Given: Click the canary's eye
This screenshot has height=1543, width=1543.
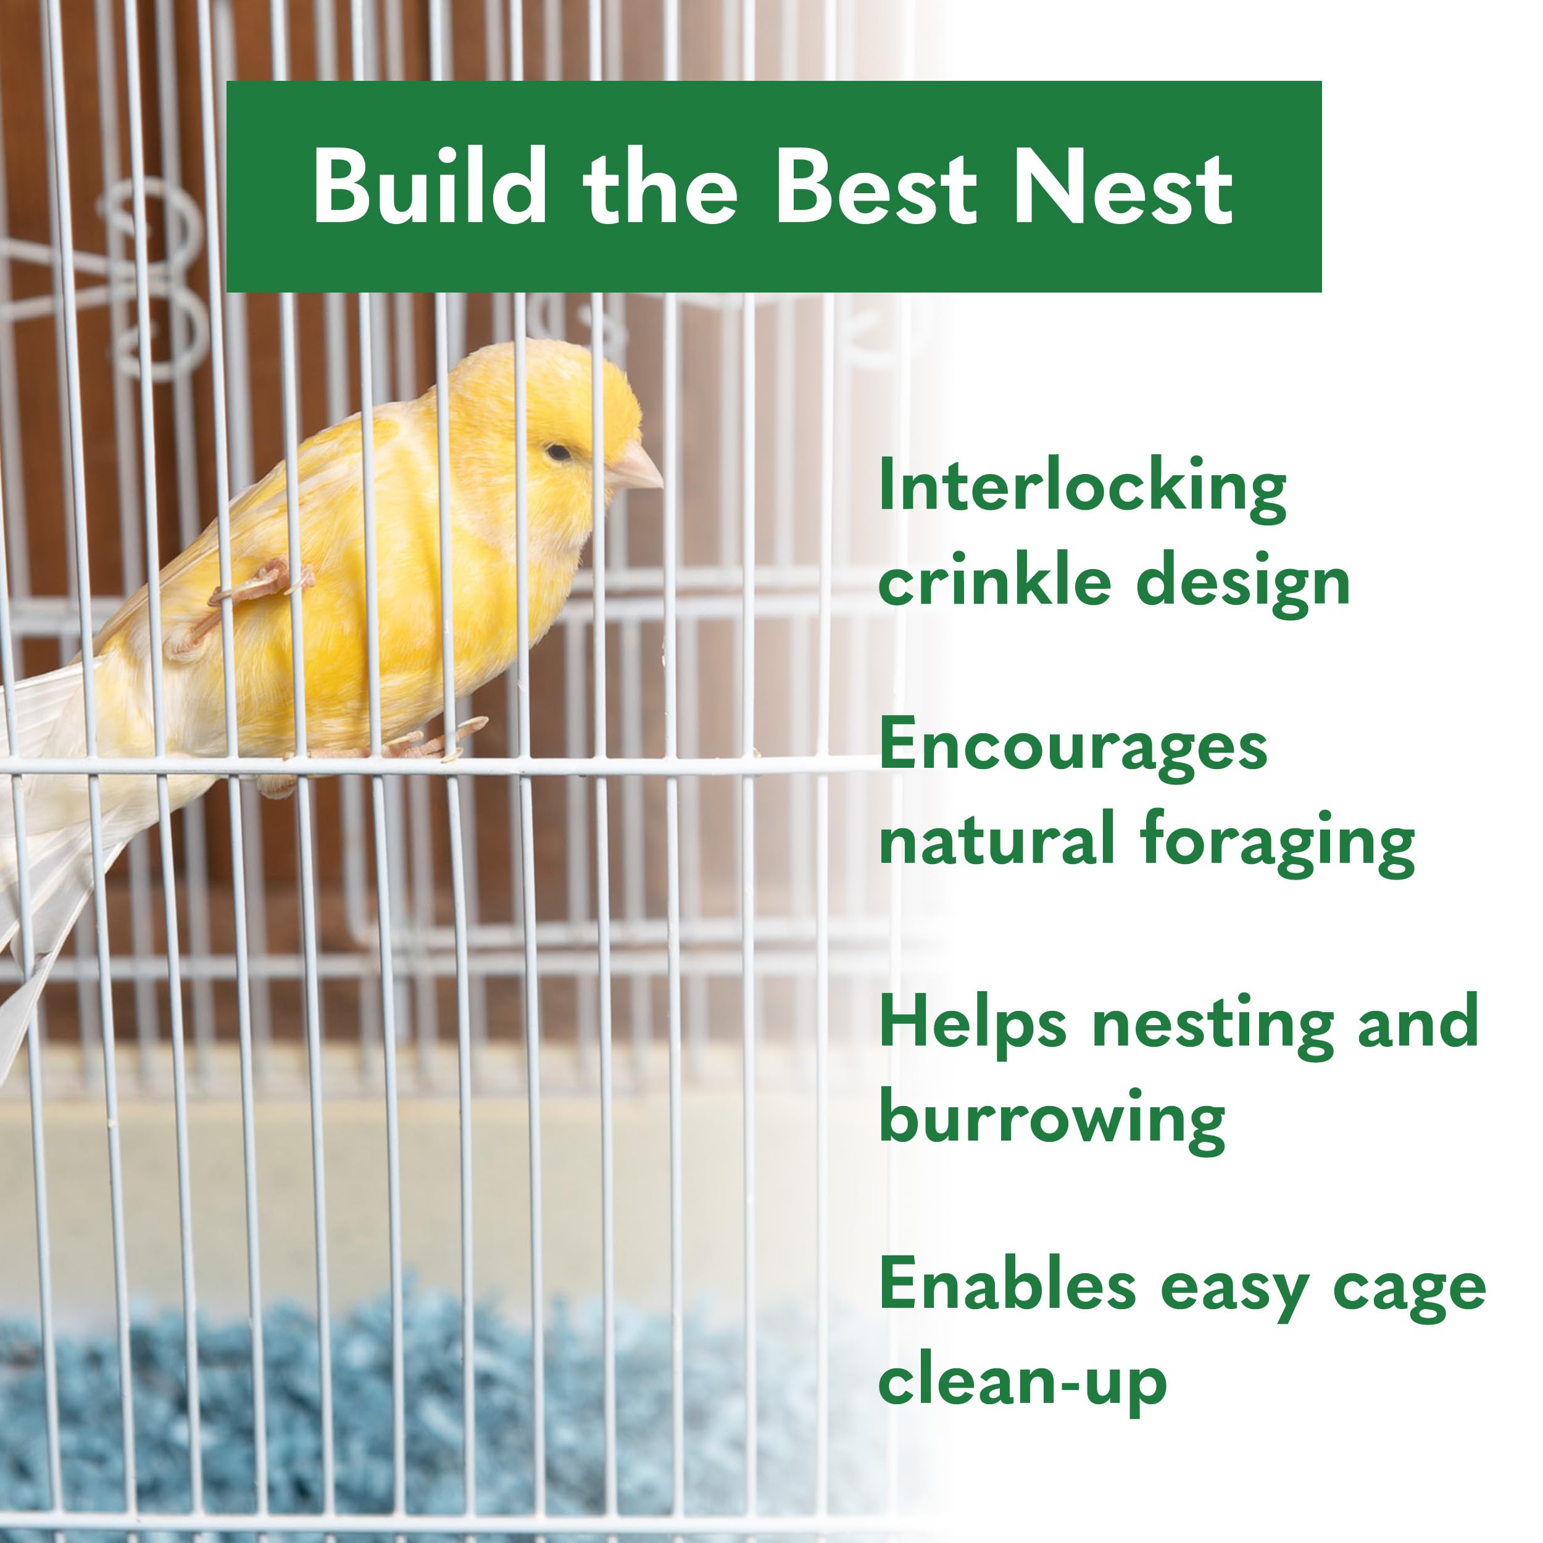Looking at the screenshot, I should coord(559,453).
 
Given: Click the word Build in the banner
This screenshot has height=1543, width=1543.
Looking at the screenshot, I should coord(430,187).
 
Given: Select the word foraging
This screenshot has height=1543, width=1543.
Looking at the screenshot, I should coord(1277,843).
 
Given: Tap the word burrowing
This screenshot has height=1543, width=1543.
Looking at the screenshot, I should coord(1052,1119).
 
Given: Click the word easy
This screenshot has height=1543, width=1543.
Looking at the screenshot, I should coord(1234,1290).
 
